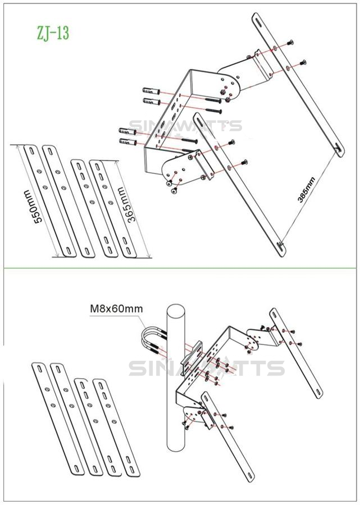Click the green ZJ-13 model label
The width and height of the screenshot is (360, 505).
pos(53,33)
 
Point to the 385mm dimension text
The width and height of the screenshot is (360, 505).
pos(307,190)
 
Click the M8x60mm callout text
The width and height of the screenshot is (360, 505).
pos(116,309)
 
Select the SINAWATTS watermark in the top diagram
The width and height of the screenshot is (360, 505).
pos(185,126)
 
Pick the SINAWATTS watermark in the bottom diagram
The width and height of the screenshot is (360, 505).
pos(206,368)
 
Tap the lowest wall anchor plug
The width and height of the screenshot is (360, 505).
pos(128,142)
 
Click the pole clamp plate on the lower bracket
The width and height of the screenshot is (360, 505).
pos(191,358)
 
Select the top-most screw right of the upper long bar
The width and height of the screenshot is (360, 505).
pos(290,42)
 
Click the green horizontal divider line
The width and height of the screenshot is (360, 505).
pos(180,267)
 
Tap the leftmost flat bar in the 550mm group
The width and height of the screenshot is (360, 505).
pos(50,201)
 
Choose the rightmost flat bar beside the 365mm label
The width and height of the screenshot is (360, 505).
pos(113,209)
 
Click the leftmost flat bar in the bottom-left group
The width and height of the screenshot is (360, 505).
pos(58,419)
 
